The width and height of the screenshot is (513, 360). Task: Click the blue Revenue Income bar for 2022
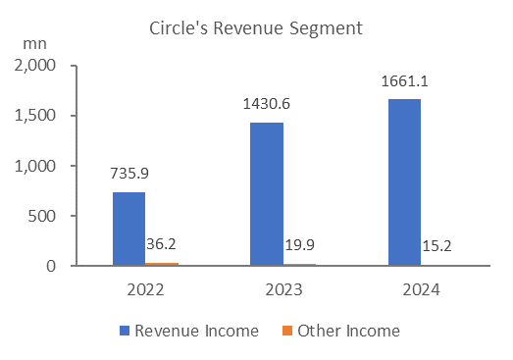pyautogui.click(x=128, y=229)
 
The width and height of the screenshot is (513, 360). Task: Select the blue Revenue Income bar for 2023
pyautogui.click(x=267, y=194)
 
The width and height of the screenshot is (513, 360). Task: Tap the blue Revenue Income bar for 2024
pyautogui.click(x=404, y=182)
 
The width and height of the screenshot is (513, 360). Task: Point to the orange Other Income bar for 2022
pyautogui.click(x=162, y=264)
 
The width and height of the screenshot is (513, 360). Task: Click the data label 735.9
pyautogui.click(x=129, y=173)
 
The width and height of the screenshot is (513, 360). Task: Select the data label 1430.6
pyautogui.click(x=267, y=104)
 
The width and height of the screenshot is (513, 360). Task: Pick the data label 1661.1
pyautogui.click(x=404, y=81)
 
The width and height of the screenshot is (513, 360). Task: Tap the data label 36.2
pyautogui.click(x=161, y=244)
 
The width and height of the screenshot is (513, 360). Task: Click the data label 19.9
pyautogui.click(x=300, y=245)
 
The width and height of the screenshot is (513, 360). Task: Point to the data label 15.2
pyautogui.click(x=436, y=246)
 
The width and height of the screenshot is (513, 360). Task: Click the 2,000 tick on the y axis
pyautogui.click(x=35, y=66)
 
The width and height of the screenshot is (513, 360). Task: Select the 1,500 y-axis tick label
pyautogui.click(x=35, y=116)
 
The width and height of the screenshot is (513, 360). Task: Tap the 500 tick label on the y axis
pyautogui.click(x=42, y=216)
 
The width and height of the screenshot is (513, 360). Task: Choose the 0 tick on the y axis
pyautogui.click(x=51, y=266)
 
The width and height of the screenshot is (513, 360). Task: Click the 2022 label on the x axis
pyautogui.click(x=145, y=290)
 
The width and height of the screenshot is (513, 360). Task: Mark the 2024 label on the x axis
pyautogui.click(x=421, y=290)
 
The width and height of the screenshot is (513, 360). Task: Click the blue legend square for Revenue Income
pyautogui.click(x=125, y=331)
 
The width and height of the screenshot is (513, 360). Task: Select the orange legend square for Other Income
pyautogui.click(x=287, y=331)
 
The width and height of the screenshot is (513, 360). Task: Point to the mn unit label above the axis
pyautogui.click(x=34, y=44)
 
